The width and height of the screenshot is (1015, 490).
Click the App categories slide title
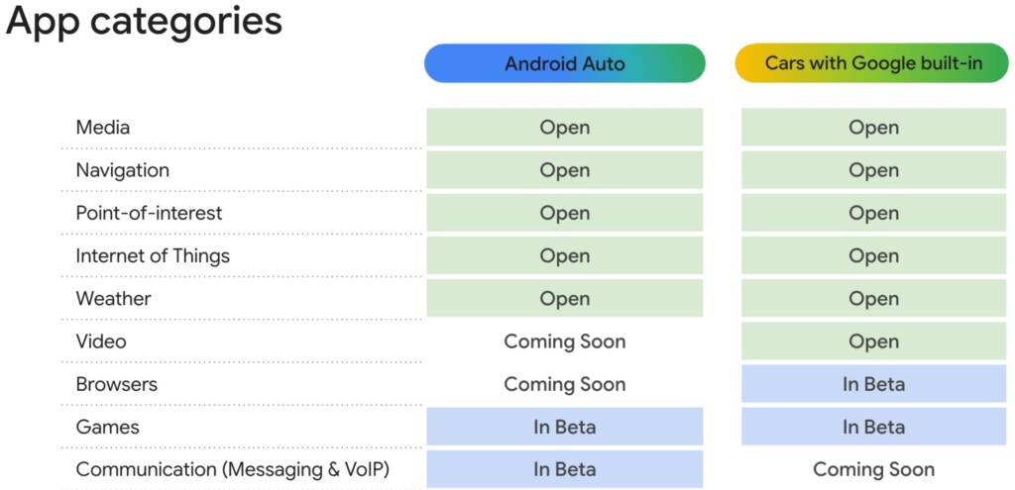pyautogui.click(x=144, y=22)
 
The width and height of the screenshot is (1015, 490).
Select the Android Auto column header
pyautogui.click(x=564, y=63)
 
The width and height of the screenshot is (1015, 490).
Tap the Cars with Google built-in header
pyautogui.click(x=873, y=63)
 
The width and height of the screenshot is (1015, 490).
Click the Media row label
pyautogui.click(x=103, y=128)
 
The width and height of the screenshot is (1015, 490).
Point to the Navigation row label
pyautogui.click(x=123, y=170)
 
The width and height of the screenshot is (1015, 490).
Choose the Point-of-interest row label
pyautogui.click(x=149, y=213)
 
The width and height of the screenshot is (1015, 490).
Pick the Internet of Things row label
pyautogui.click(x=153, y=255)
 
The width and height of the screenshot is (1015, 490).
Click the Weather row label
pyautogui.click(x=114, y=299)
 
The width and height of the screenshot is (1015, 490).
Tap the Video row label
pyautogui.click(x=101, y=342)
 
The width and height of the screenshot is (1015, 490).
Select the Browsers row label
pyautogui.click(x=117, y=384)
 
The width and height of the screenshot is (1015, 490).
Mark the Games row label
pyautogui.click(x=108, y=427)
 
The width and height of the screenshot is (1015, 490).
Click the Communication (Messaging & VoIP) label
pyautogui.click(x=233, y=470)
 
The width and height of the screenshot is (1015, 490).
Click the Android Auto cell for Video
pyautogui.click(x=564, y=342)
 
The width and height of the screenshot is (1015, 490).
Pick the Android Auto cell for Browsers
pyautogui.click(x=564, y=384)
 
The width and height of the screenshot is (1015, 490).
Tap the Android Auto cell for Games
pyautogui.click(x=564, y=427)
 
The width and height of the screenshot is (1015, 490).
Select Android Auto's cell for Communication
pyautogui.click(x=564, y=469)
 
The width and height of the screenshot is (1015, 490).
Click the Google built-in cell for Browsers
pyautogui.click(x=873, y=384)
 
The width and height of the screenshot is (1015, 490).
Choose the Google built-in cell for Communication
pyautogui.click(x=873, y=470)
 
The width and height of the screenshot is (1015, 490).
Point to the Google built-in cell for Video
pyautogui.click(x=873, y=342)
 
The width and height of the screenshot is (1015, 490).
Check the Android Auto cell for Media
pyautogui.click(x=564, y=128)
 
